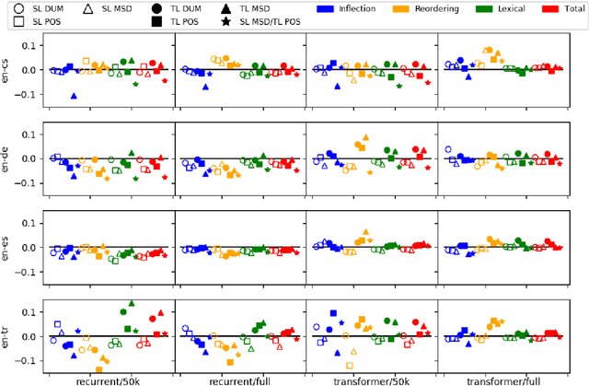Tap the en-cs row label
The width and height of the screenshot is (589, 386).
(7, 69)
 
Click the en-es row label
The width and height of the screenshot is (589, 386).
(7, 248)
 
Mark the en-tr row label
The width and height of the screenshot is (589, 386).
(7, 336)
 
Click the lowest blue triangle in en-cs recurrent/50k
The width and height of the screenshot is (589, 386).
(74, 96)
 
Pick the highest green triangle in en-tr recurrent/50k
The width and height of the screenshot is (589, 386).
(132, 303)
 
